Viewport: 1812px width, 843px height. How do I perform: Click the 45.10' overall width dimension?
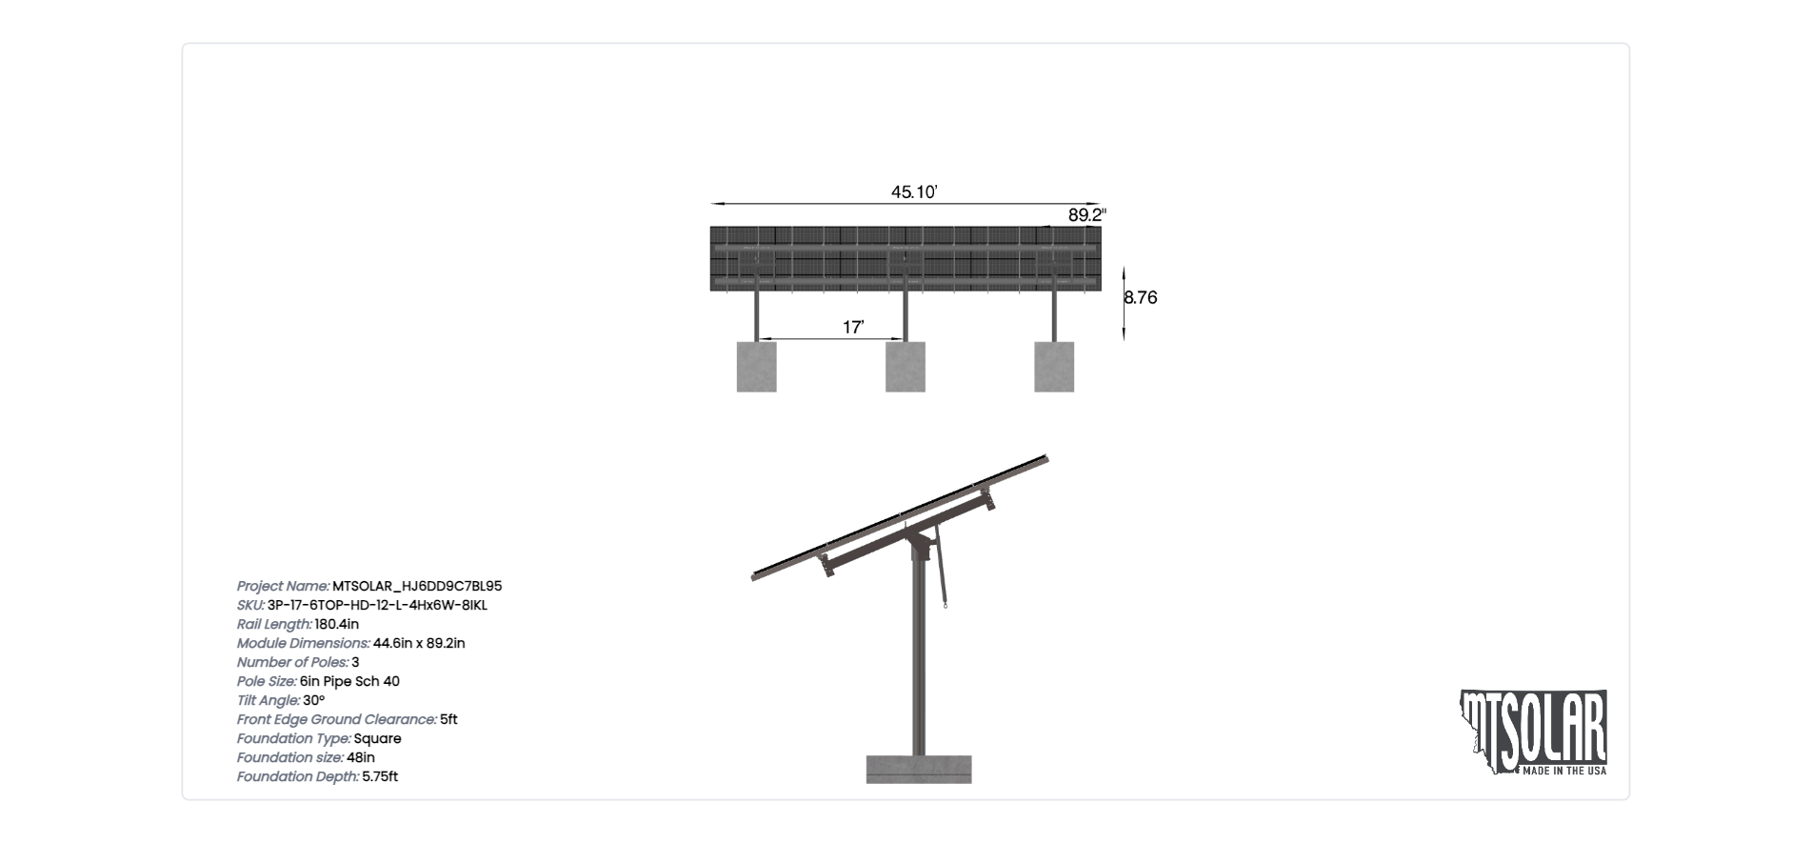tap(914, 192)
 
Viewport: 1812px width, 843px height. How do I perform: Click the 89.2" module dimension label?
tap(1086, 215)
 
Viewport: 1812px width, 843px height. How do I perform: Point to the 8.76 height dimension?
tap(1141, 297)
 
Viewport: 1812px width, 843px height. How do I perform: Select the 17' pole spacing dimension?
tap(853, 328)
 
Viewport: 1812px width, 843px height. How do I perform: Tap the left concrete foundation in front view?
tap(756, 367)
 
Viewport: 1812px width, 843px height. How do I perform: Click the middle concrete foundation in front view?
tap(906, 367)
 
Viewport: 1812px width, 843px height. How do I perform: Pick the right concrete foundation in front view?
tap(1054, 367)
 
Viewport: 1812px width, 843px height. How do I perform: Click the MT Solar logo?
tap(1533, 732)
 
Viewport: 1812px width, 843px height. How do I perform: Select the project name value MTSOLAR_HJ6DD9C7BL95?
tap(417, 587)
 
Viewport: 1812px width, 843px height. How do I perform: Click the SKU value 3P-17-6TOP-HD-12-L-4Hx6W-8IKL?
tap(377, 606)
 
